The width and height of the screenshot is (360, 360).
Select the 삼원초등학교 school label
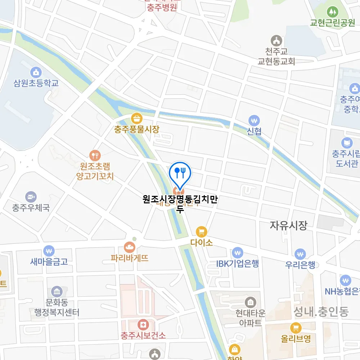[x=36, y=83]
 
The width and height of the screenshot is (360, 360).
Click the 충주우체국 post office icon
[x=31, y=197]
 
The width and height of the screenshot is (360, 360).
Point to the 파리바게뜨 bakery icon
[x=129, y=247]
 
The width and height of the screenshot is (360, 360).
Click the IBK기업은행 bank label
[x=237, y=264]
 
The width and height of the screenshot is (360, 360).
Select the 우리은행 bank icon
[x=300, y=254]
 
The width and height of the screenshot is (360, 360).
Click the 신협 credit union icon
[x=254, y=120]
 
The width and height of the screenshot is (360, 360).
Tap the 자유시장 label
[x=289, y=226]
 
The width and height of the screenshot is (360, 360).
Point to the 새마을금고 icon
[x=49, y=251]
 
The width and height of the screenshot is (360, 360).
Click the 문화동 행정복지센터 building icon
[x=57, y=291]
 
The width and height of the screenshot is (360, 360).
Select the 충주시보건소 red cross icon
[x=143, y=325]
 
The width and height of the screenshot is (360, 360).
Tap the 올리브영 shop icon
[x=296, y=328]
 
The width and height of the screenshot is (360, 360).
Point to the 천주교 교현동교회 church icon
[x=276, y=40]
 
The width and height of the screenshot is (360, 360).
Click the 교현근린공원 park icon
[x=332, y=12]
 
